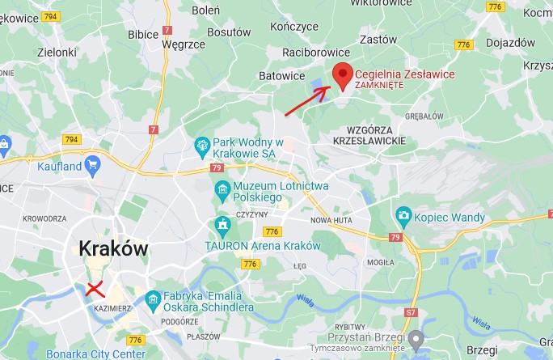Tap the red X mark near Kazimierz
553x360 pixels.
pyautogui.click(x=95, y=287)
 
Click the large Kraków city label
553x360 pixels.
pyautogui.click(x=113, y=248)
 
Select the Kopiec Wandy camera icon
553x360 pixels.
pyautogui.click(x=403, y=217)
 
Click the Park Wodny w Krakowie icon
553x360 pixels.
pyautogui.click(x=202, y=146)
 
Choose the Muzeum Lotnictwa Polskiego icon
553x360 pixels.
pyautogui.click(x=222, y=190)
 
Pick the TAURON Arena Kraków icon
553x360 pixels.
pyautogui.click(x=221, y=224)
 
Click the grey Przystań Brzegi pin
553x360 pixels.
pyautogui.click(x=416, y=337)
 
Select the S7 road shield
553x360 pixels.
pyautogui.click(x=410, y=311)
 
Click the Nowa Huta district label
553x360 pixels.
pyautogui.click(x=332, y=220)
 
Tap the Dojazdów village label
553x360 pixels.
pyautogui.click(x=511, y=42)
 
